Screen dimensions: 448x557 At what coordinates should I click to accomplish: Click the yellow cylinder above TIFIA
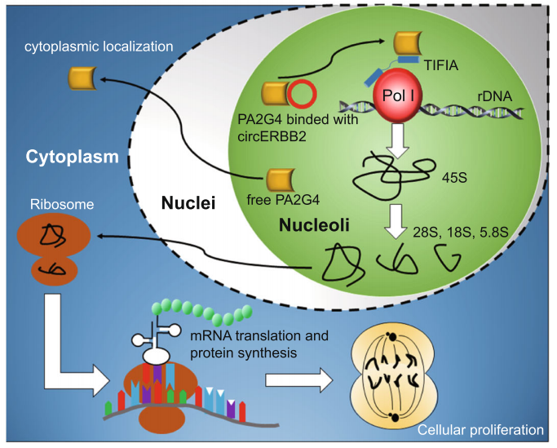click(x=410, y=44)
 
